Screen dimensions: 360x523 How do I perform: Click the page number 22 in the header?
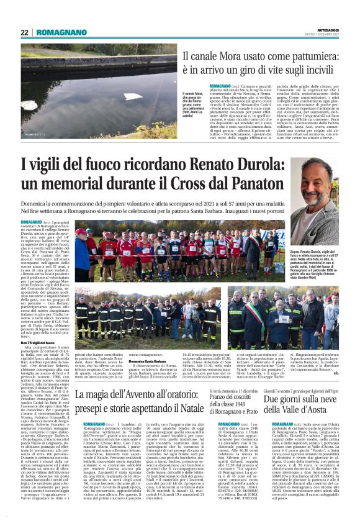tap(25, 33)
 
